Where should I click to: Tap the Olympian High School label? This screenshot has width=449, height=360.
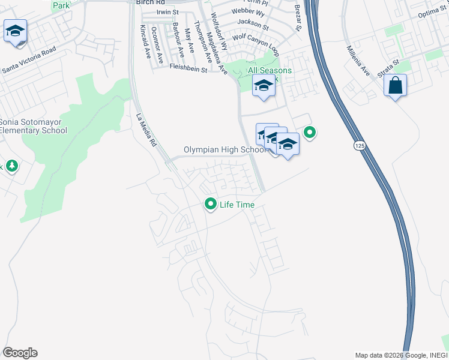coord(225,149)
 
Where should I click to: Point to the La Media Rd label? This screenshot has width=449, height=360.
coord(146,131)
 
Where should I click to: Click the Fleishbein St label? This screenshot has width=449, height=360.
coord(187,69)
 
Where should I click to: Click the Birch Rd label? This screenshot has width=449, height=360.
coord(146,2)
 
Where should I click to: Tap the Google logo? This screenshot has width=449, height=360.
coord(20,353)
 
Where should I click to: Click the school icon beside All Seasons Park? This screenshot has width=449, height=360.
coord(263,86)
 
